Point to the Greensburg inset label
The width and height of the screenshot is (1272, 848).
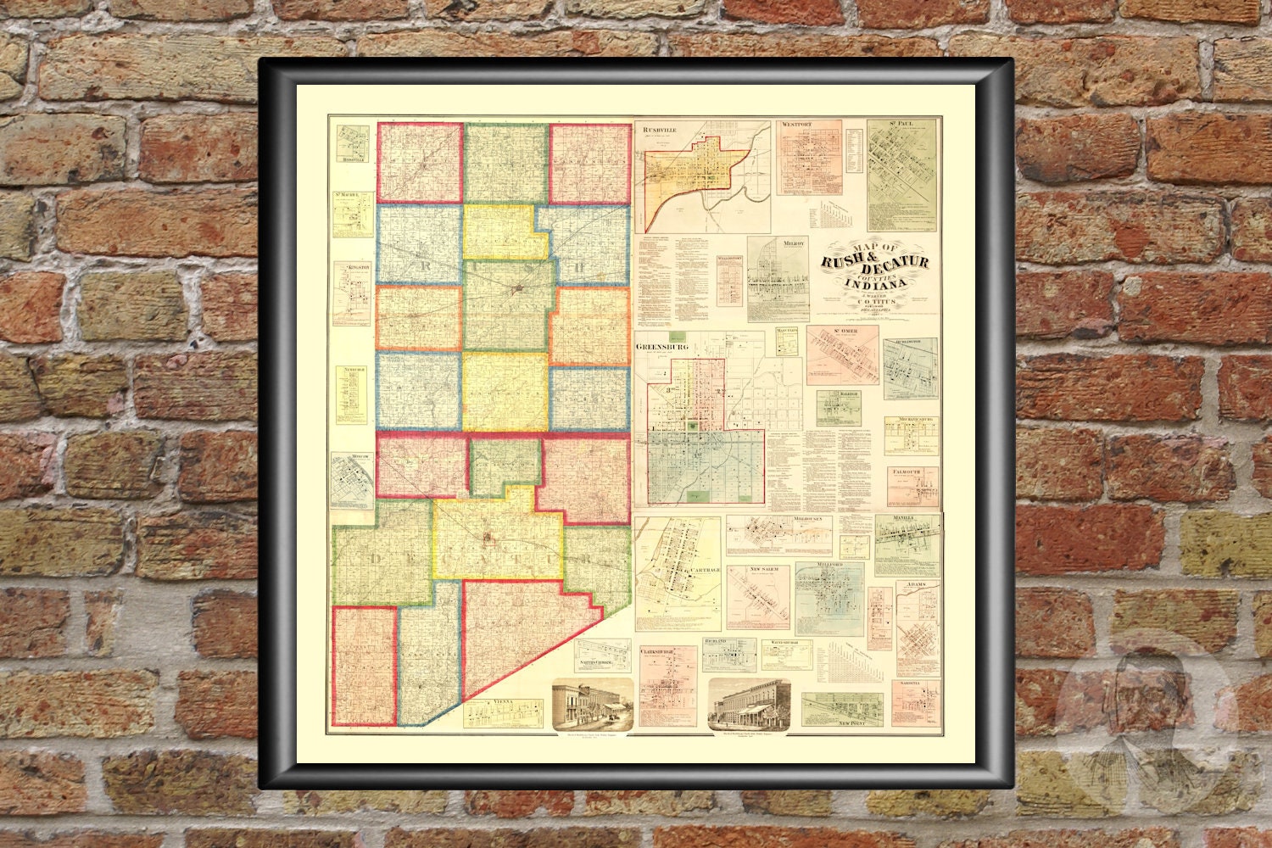(x=661, y=347)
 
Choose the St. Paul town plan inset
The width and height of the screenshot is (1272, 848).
(x=901, y=163)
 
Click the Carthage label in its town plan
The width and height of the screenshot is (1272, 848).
(x=705, y=570)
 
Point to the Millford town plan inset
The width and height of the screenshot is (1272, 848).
(x=829, y=598)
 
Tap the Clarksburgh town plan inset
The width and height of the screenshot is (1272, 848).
(x=667, y=685)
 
